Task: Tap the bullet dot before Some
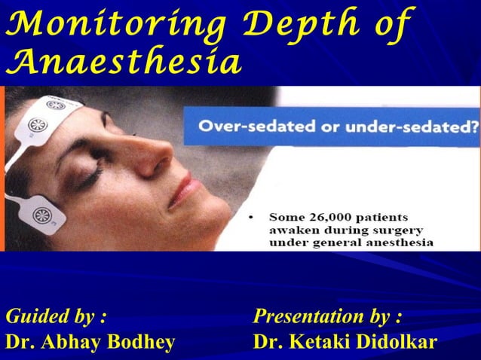point(251,217)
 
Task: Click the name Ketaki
point(317,342)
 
